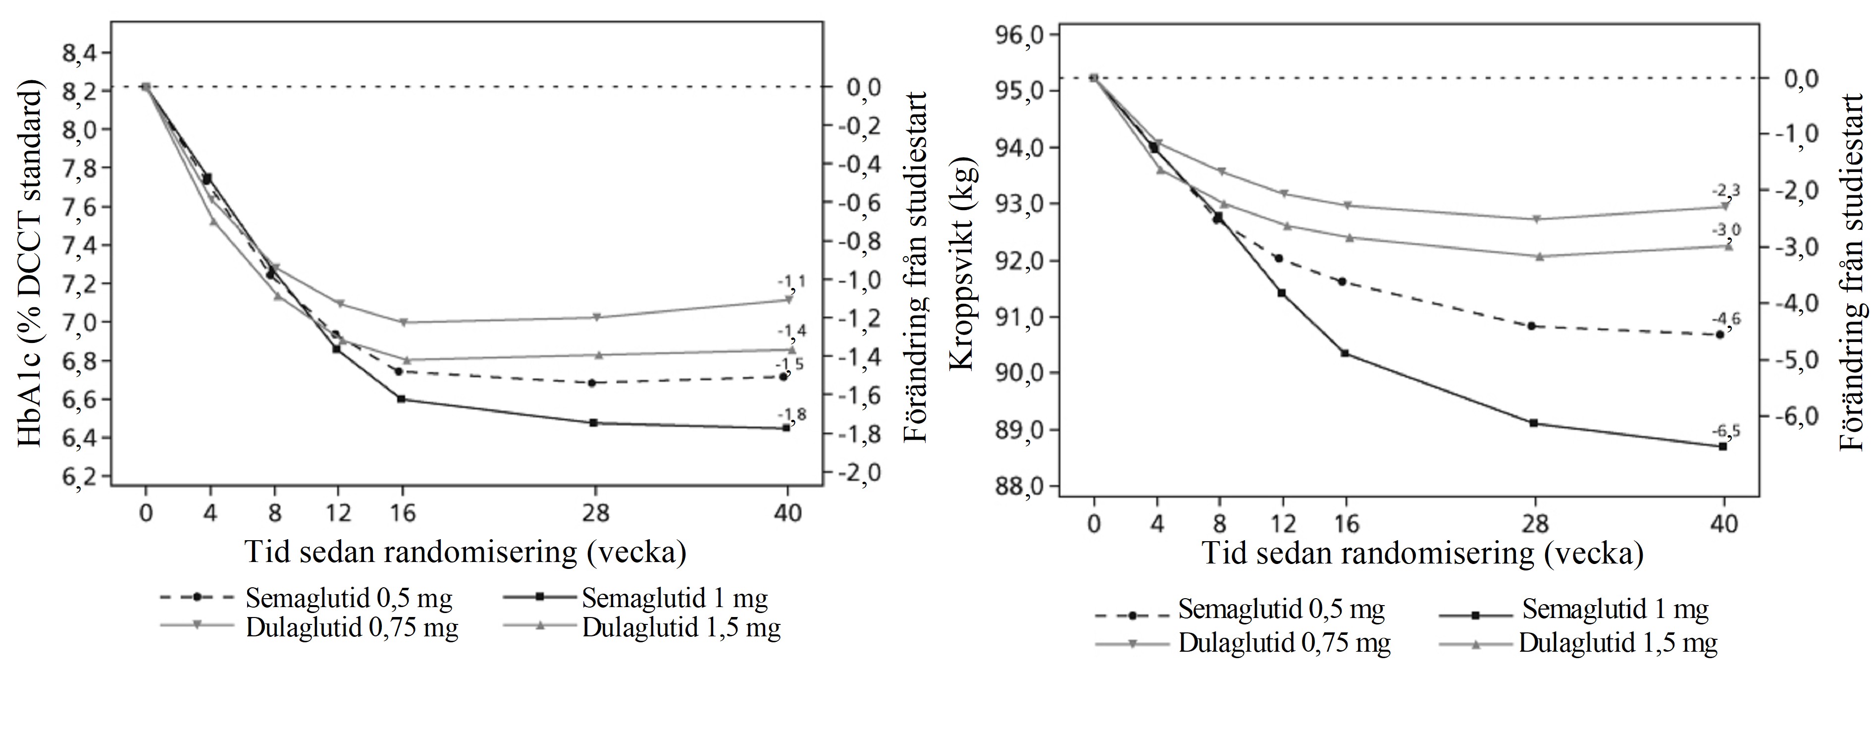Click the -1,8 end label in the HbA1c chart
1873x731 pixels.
[792, 415]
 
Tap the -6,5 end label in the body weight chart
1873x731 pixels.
[1727, 431]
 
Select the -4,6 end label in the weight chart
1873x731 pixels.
[1727, 319]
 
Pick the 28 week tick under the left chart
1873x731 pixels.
[595, 513]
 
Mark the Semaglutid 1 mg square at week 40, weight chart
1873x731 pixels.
[1722, 447]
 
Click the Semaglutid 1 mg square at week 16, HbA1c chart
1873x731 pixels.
[401, 398]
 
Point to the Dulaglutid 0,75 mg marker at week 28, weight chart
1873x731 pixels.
[1535, 219]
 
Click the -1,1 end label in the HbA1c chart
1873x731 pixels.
[791, 280]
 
